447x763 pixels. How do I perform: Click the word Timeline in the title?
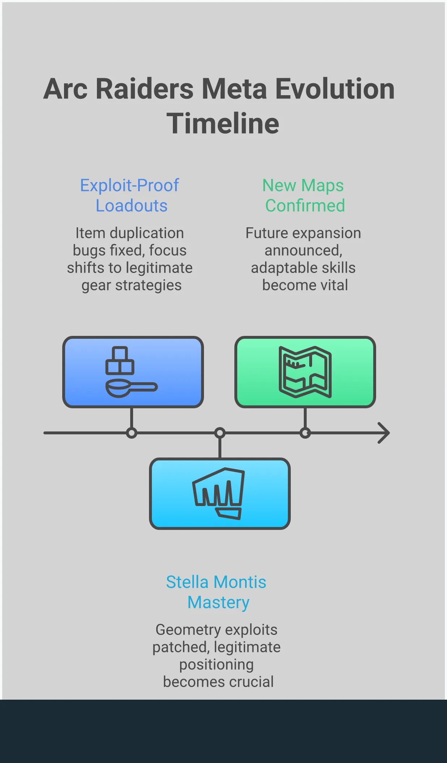tap(223, 123)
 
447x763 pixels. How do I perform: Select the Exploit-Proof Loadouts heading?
tap(130, 195)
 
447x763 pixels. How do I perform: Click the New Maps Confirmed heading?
tap(304, 195)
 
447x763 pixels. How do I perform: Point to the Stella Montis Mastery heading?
tap(217, 592)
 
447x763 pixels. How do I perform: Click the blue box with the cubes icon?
tap(133, 372)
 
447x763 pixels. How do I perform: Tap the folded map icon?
tap(305, 372)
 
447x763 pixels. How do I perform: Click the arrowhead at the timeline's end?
tap(384, 433)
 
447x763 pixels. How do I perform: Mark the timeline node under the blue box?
tap(132, 433)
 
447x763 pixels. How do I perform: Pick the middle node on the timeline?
tap(220, 433)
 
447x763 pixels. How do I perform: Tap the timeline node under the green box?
tap(305, 433)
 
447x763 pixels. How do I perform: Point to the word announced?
tap(303, 250)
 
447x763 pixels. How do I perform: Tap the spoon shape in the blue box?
tap(131, 388)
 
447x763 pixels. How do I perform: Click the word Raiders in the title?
tap(145, 89)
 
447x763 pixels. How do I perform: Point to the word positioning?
tap(216, 665)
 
